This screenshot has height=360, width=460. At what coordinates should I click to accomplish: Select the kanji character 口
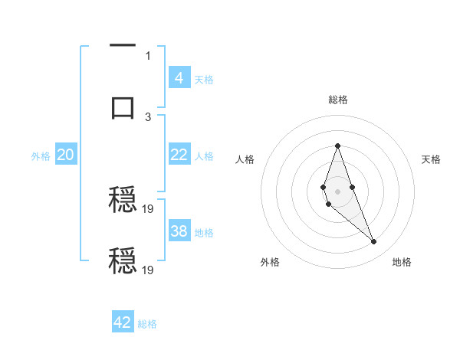pyautogui.click(x=123, y=106)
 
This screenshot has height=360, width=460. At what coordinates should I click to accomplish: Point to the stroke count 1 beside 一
pyautogui.click(x=148, y=55)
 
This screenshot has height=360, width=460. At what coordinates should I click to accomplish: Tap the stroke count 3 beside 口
pyautogui.click(x=148, y=116)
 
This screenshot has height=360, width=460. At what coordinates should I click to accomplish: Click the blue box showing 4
pyautogui.click(x=179, y=77)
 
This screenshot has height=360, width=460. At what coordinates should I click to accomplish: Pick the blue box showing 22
pyautogui.click(x=179, y=155)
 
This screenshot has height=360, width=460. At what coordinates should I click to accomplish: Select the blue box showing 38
pyautogui.click(x=179, y=231)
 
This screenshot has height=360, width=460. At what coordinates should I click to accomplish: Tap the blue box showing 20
pyautogui.click(x=65, y=155)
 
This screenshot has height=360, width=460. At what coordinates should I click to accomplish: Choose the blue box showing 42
pyautogui.click(x=123, y=322)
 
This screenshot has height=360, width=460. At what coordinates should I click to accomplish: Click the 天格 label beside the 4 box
pyautogui.click(x=204, y=79)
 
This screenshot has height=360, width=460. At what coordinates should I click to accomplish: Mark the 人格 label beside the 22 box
pyautogui.click(x=204, y=156)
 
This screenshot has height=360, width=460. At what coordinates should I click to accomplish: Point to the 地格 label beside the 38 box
pyautogui.click(x=204, y=233)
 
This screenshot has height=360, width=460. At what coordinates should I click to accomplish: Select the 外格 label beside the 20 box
pyautogui.click(x=41, y=156)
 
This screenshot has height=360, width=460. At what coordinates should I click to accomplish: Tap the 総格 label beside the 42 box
pyautogui.click(x=147, y=324)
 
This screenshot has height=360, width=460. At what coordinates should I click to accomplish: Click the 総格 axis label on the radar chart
pyautogui.click(x=338, y=100)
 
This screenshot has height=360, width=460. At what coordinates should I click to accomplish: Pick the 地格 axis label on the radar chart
pyautogui.click(x=402, y=262)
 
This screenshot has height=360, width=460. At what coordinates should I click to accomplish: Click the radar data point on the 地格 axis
pyautogui.click(x=373, y=242)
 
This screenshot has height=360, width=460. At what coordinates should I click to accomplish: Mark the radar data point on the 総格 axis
pyautogui.click(x=337, y=146)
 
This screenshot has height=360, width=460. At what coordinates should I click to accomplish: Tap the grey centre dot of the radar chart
pyautogui.click(x=337, y=190)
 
